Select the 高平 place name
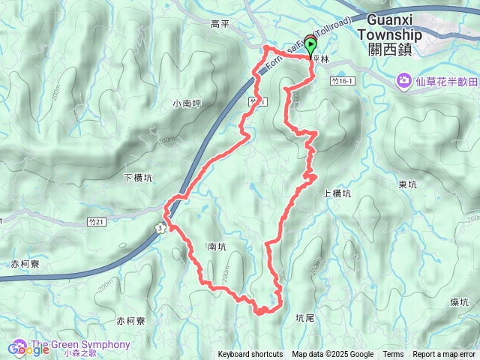[x=220, y=25]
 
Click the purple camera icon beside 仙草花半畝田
[x=403, y=79]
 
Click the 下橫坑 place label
[x=137, y=178]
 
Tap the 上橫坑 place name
[x=337, y=193]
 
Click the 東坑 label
[x=407, y=184]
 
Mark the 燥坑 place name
[x=460, y=301]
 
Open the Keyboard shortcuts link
[x=250, y=355]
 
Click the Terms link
[x=393, y=355]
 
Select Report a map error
[x=444, y=355]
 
